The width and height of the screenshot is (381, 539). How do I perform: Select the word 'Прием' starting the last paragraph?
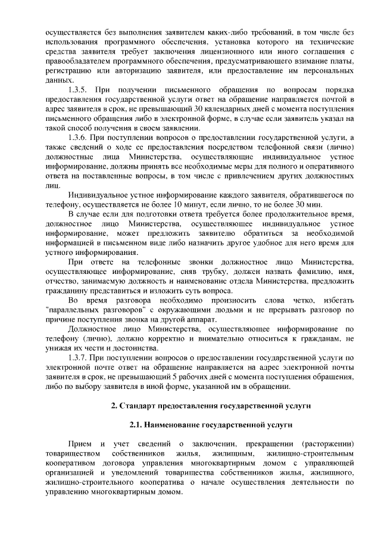(79, 444)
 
